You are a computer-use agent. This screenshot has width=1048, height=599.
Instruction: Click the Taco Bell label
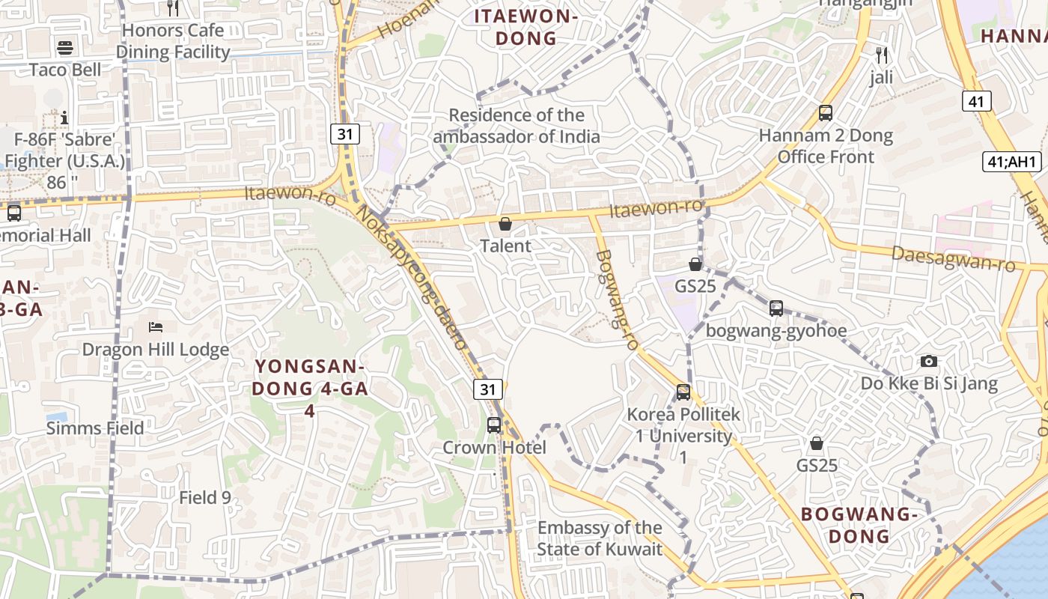[x=65, y=70]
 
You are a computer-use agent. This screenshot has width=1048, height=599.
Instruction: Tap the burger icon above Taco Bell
[x=65, y=49]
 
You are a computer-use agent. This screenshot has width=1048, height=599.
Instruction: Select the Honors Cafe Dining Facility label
[x=173, y=41]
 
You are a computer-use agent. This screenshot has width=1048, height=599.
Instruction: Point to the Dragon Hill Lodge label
[x=156, y=350]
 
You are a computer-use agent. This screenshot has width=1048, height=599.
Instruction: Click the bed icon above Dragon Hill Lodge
[x=156, y=327]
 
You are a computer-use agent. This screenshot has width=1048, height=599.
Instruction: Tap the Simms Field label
[x=95, y=428]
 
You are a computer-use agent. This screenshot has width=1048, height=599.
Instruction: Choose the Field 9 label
[x=205, y=497]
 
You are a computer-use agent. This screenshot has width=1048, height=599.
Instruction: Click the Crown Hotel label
[x=494, y=448]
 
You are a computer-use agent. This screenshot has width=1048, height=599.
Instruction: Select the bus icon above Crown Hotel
[x=494, y=425]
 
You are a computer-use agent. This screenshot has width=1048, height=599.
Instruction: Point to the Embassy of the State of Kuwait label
[x=600, y=538]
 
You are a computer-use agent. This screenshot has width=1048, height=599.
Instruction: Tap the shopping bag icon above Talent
[x=505, y=224]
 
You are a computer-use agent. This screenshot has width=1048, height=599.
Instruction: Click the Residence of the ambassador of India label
[x=517, y=126]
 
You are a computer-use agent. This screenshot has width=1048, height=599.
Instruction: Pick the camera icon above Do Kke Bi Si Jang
[x=929, y=362]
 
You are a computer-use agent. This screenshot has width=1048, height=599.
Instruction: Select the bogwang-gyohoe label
[x=776, y=331]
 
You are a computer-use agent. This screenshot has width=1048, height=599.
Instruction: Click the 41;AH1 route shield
[x=1012, y=162]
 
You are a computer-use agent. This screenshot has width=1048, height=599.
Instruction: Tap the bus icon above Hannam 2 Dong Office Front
[x=826, y=113]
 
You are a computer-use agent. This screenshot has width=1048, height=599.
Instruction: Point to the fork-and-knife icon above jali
[x=882, y=55]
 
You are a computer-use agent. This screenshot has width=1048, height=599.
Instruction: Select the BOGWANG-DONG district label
[x=859, y=525]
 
